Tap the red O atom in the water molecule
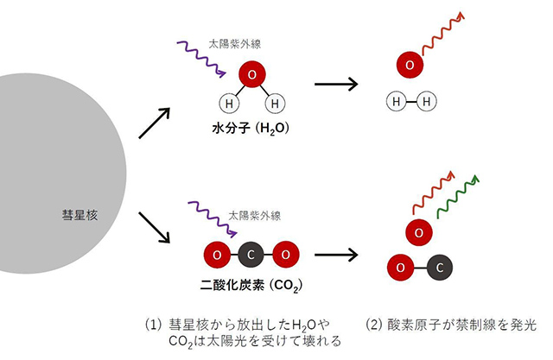251,76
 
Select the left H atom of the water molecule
229,104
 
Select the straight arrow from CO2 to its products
336,256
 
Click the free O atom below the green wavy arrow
418,232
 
